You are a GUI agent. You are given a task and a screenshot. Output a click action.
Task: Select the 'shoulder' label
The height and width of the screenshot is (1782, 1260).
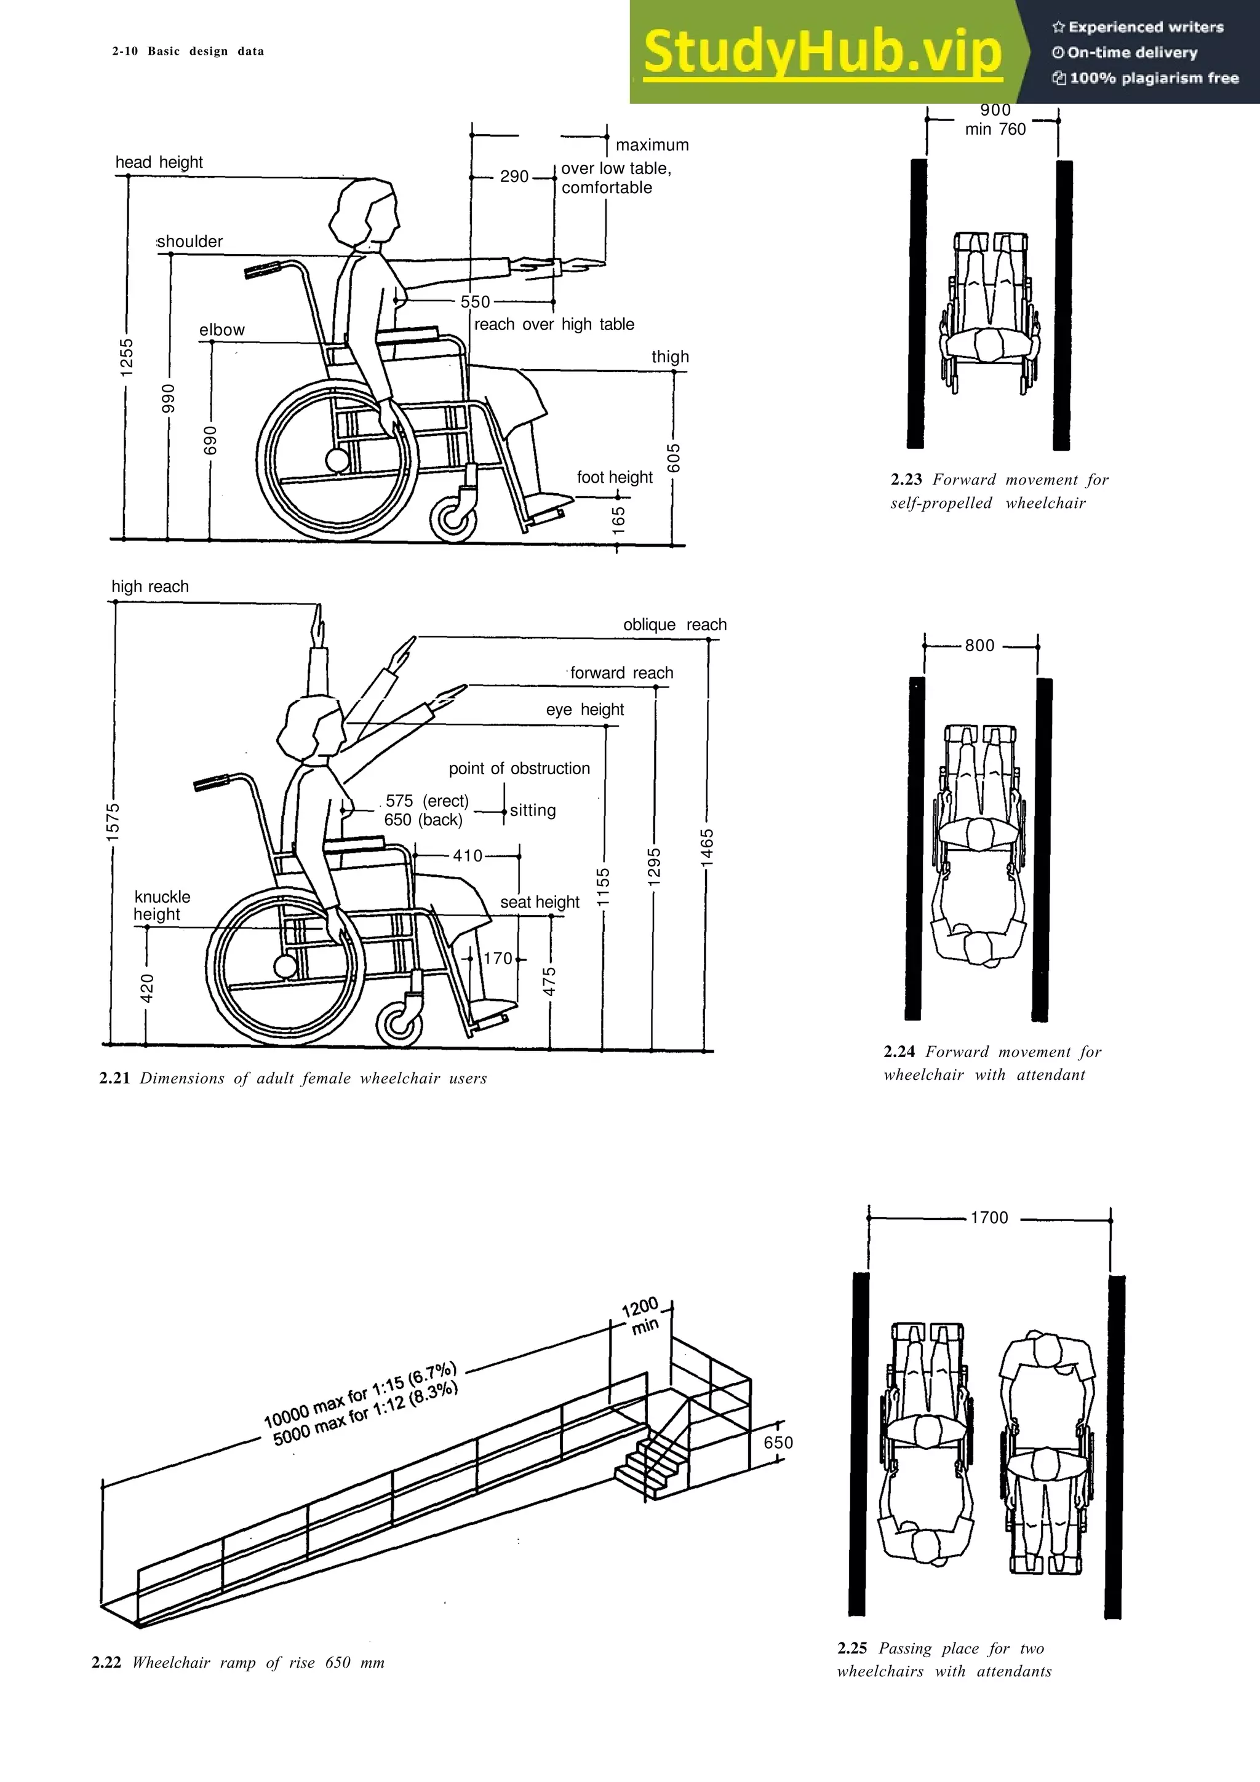click(x=190, y=242)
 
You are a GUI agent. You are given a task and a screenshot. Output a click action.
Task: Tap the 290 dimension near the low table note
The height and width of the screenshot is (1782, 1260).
click(x=514, y=176)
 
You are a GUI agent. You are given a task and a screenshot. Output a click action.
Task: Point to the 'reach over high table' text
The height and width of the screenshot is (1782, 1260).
click(x=554, y=325)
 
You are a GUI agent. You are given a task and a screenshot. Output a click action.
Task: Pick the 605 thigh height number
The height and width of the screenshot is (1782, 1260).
click(x=674, y=458)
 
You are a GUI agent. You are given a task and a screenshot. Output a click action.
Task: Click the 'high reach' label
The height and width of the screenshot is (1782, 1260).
click(x=150, y=587)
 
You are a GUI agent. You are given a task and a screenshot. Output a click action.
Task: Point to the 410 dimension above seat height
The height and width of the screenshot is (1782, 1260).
click(x=468, y=855)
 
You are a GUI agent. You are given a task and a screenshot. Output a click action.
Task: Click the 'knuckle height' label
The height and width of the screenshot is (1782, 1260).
click(x=161, y=906)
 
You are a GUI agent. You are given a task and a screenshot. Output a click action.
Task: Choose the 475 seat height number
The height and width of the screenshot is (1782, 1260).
click(x=549, y=982)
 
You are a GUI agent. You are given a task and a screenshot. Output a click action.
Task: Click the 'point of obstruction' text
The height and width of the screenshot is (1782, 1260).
click(x=519, y=769)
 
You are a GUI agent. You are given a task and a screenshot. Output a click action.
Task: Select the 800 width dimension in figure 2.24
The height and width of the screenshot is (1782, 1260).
click(x=979, y=646)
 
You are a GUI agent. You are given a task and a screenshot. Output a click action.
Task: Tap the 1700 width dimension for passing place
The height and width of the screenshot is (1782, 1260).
click(x=989, y=1218)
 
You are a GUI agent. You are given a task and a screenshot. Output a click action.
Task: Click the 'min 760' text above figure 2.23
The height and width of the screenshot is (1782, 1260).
click(x=995, y=130)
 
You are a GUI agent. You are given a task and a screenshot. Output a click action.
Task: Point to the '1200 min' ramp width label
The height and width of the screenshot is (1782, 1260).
click(x=642, y=1315)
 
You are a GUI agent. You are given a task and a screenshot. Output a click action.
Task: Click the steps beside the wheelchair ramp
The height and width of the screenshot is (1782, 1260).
click(x=653, y=1462)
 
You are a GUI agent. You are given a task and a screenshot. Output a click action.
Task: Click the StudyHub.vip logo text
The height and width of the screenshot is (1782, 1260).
click(x=822, y=50)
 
